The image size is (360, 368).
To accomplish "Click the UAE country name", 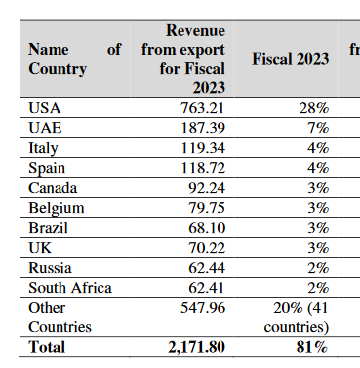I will [45, 126].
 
